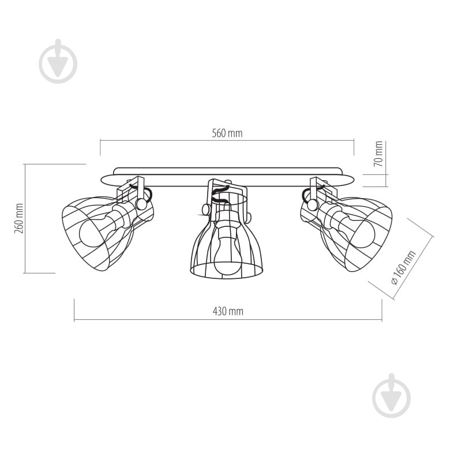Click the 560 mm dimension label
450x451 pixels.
pos(227,133)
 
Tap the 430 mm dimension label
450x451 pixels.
pos(228,311)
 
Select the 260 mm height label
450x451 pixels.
pos(18,218)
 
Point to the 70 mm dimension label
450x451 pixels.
pos(378,154)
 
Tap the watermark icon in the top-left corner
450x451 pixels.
pos(58,61)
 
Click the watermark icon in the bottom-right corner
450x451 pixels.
pos(392,396)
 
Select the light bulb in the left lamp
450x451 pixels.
pos(92,230)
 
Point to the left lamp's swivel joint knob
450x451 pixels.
pos(141,203)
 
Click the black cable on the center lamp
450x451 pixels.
pos(219,193)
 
